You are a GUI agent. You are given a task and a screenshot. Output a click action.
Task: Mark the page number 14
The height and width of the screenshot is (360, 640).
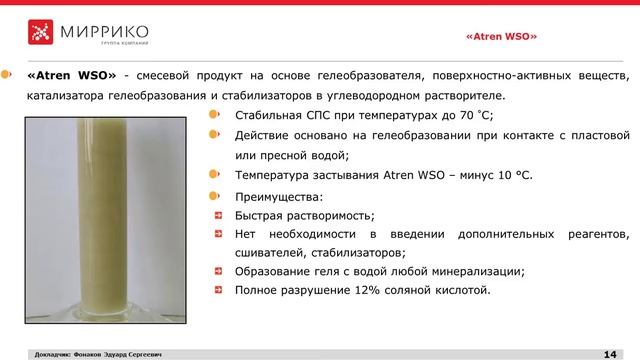[x=609, y=353]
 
